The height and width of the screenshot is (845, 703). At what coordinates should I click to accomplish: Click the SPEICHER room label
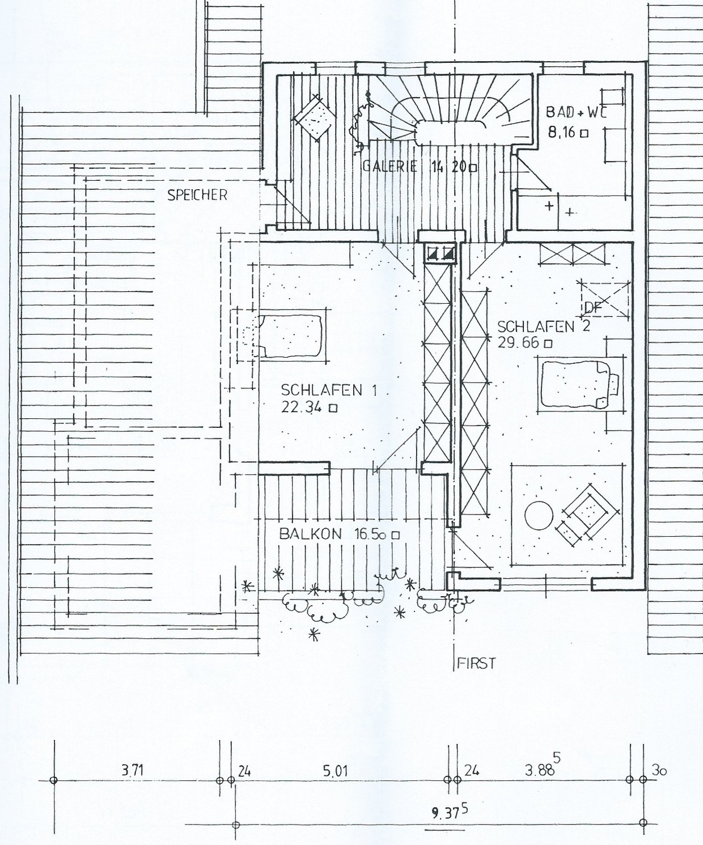pos(197,195)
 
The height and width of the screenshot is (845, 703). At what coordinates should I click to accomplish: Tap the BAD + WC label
pos(577,112)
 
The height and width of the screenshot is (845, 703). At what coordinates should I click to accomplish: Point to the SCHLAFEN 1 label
pos(329,390)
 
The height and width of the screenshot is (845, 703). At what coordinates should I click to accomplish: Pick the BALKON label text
pos(311,534)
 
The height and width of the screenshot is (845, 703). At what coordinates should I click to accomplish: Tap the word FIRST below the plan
pos(476,663)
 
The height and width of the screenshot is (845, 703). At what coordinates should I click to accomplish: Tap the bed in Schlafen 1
pos(289,337)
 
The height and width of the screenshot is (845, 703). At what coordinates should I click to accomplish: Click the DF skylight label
pos(593,308)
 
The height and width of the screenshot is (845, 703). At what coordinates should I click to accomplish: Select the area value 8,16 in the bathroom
pos(562,132)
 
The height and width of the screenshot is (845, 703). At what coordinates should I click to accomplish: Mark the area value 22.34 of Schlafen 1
pos(302,407)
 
